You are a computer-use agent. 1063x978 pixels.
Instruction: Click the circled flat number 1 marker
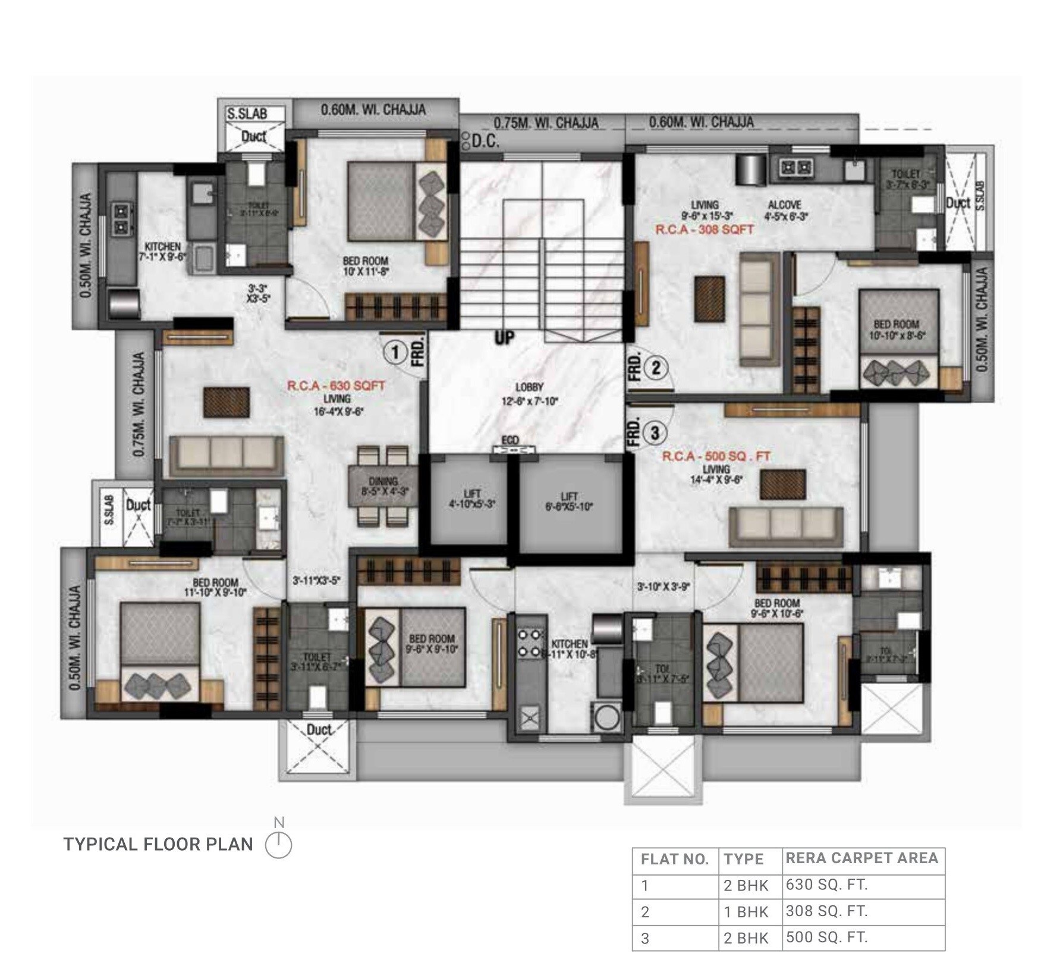tap(394, 353)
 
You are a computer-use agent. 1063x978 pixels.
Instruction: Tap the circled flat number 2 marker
tap(656, 368)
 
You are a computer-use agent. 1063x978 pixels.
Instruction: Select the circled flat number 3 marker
tap(655, 433)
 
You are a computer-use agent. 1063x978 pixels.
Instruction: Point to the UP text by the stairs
tap(504, 338)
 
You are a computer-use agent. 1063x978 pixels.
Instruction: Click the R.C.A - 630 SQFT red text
tap(336, 385)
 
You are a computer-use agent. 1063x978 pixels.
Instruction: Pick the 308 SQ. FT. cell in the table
tap(826, 911)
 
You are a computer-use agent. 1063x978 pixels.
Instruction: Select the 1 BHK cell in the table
tap(746, 912)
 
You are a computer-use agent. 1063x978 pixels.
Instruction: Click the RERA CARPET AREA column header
tap(861, 858)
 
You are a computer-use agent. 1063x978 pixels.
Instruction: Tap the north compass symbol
tap(278, 845)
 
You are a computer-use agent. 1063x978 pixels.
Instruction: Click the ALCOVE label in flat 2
tap(785, 205)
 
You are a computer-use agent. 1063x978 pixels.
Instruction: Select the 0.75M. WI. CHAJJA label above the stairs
tap(546, 123)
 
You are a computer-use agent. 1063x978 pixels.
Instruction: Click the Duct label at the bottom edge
tap(319, 729)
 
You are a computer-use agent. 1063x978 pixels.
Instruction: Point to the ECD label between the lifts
tap(510, 440)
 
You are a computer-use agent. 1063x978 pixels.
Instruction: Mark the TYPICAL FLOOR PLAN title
tap(158, 844)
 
